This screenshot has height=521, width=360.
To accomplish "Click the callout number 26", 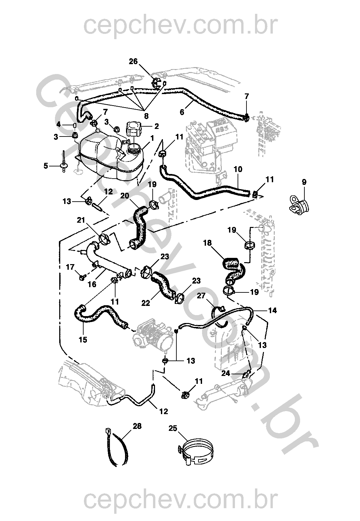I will pos(133,62).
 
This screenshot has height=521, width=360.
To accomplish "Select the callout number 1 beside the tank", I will pos(152,138).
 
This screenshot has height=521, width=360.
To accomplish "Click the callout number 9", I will pos(304,182).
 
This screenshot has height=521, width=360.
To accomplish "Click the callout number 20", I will pos(125,195).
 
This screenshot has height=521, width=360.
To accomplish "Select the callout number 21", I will pos(81,220).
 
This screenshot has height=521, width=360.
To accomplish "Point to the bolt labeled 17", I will pos(82,278).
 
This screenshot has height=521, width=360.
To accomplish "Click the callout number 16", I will pos(92,284).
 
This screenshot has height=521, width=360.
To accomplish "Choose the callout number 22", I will pos(146,303).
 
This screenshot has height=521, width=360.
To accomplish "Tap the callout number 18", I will pos(208,243).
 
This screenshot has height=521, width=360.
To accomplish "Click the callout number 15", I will pos(83,339).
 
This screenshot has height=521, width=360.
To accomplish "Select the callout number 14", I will pos(272,310).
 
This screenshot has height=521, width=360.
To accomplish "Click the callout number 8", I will pos(146,116).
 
